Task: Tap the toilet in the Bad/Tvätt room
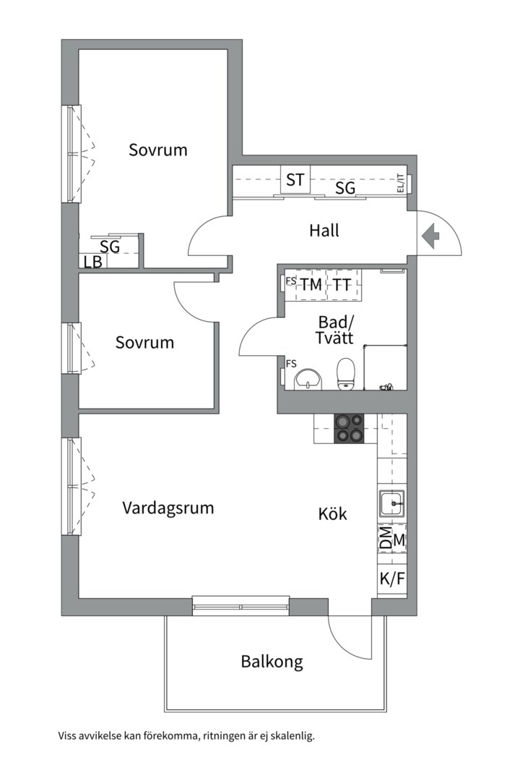pyautogui.click(x=346, y=372)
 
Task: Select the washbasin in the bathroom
pyautogui.click(x=311, y=377)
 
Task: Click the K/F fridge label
pyautogui.click(x=391, y=579)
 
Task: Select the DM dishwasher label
pyautogui.click(x=386, y=539)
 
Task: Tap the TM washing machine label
pyautogui.click(x=311, y=285)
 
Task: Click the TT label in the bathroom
pyautogui.click(x=342, y=285)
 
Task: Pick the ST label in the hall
pyautogui.click(x=295, y=180)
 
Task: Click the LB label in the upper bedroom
pyautogui.click(x=92, y=263)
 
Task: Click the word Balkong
pyautogui.click(x=272, y=661)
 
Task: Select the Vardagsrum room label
pyautogui.click(x=168, y=508)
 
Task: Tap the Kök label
pyautogui.click(x=333, y=514)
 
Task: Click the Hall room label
pyautogui.click(x=324, y=231)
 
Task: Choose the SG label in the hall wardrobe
pyautogui.click(x=345, y=189)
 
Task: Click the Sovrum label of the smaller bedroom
pyautogui.click(x=144, y=342)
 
